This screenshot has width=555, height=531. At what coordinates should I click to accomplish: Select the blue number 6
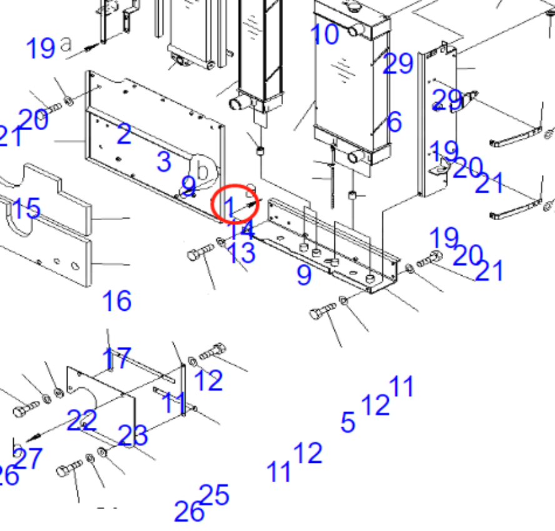click(x=394, y=122)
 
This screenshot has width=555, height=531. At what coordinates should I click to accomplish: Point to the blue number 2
click(x=124, y=134)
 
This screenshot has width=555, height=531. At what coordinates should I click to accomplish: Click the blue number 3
click(x=164, y=161)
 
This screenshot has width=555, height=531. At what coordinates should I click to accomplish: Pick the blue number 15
click(x=26, y=208)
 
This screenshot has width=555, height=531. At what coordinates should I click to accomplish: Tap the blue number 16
click(x=116, y=301)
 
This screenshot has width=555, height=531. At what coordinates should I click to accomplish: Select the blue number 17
click(x=117, y=358)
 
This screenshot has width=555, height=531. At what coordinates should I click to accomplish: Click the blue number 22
click(x=82, y=420)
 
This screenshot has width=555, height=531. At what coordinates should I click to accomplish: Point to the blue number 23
click(x=132, y=436)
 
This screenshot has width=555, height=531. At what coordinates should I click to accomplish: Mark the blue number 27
click(x=28, y=459)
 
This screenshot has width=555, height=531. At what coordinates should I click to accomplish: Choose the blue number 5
click(x=347, y=423)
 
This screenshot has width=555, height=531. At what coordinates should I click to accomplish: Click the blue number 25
click(x=214, y=495)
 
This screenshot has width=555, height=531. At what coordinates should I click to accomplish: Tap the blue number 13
click(x=241, y=253)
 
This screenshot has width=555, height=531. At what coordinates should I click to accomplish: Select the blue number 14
click(x=242, y=230)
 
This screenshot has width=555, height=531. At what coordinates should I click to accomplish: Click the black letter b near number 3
click(x=202, y=170)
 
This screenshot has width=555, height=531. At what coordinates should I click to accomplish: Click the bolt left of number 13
click(x=201, y=253)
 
